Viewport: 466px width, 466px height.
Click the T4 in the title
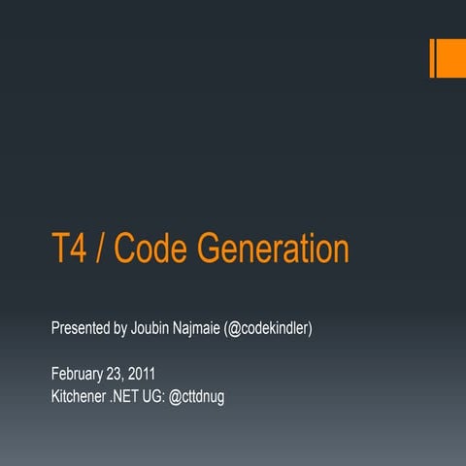coord(67,250)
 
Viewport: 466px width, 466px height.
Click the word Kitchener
coord(82,396)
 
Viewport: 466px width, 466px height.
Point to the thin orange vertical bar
coord(433,57)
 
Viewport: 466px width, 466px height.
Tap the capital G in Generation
coord(209,250)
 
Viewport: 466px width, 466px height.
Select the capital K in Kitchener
coord(55,396)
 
